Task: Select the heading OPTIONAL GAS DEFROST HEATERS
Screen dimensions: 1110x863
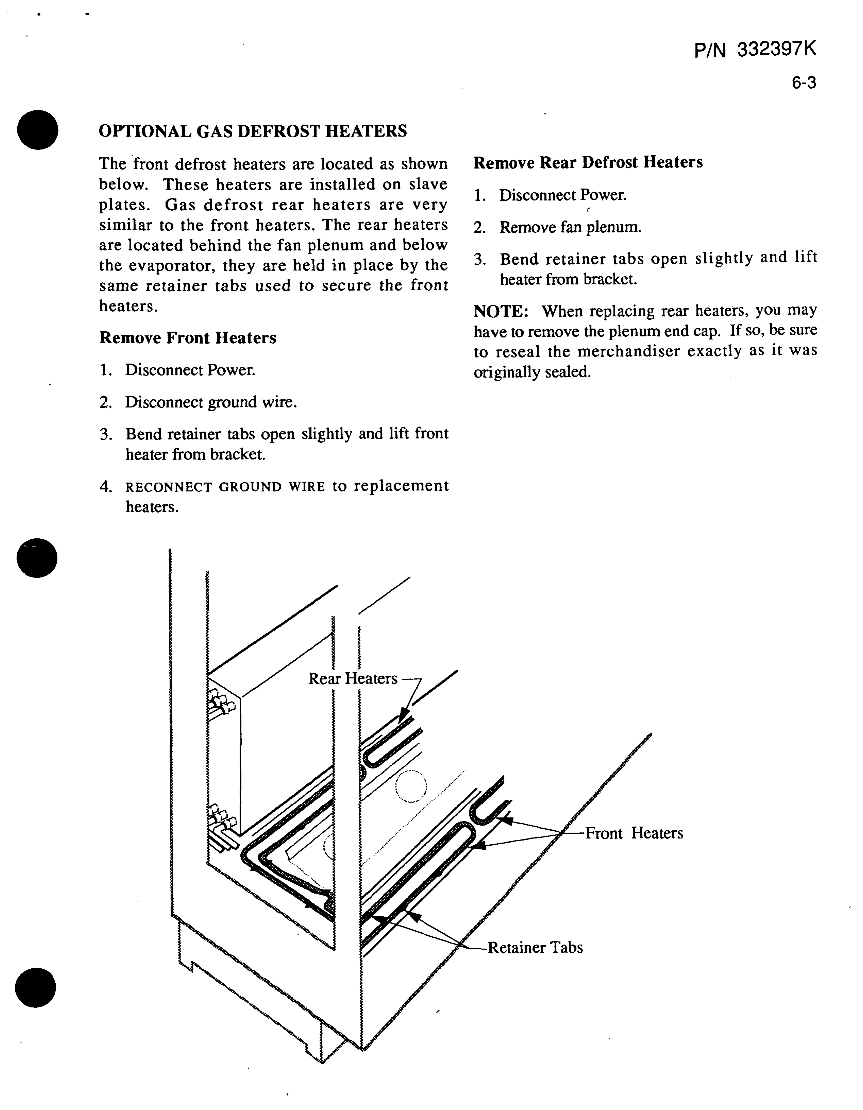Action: pos(253,131)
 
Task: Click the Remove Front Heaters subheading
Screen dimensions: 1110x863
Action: pos(188,338)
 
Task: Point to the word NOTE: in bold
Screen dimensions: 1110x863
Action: pos(501,311)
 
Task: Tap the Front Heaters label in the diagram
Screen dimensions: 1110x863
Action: pos(634,833)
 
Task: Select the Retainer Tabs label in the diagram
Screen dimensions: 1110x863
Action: pos(535,947)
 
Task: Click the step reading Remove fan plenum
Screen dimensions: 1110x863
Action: pos(570,227)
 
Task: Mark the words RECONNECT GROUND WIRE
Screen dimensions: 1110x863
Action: pos(225,487)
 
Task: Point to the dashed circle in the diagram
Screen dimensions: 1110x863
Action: pos(411,786)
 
